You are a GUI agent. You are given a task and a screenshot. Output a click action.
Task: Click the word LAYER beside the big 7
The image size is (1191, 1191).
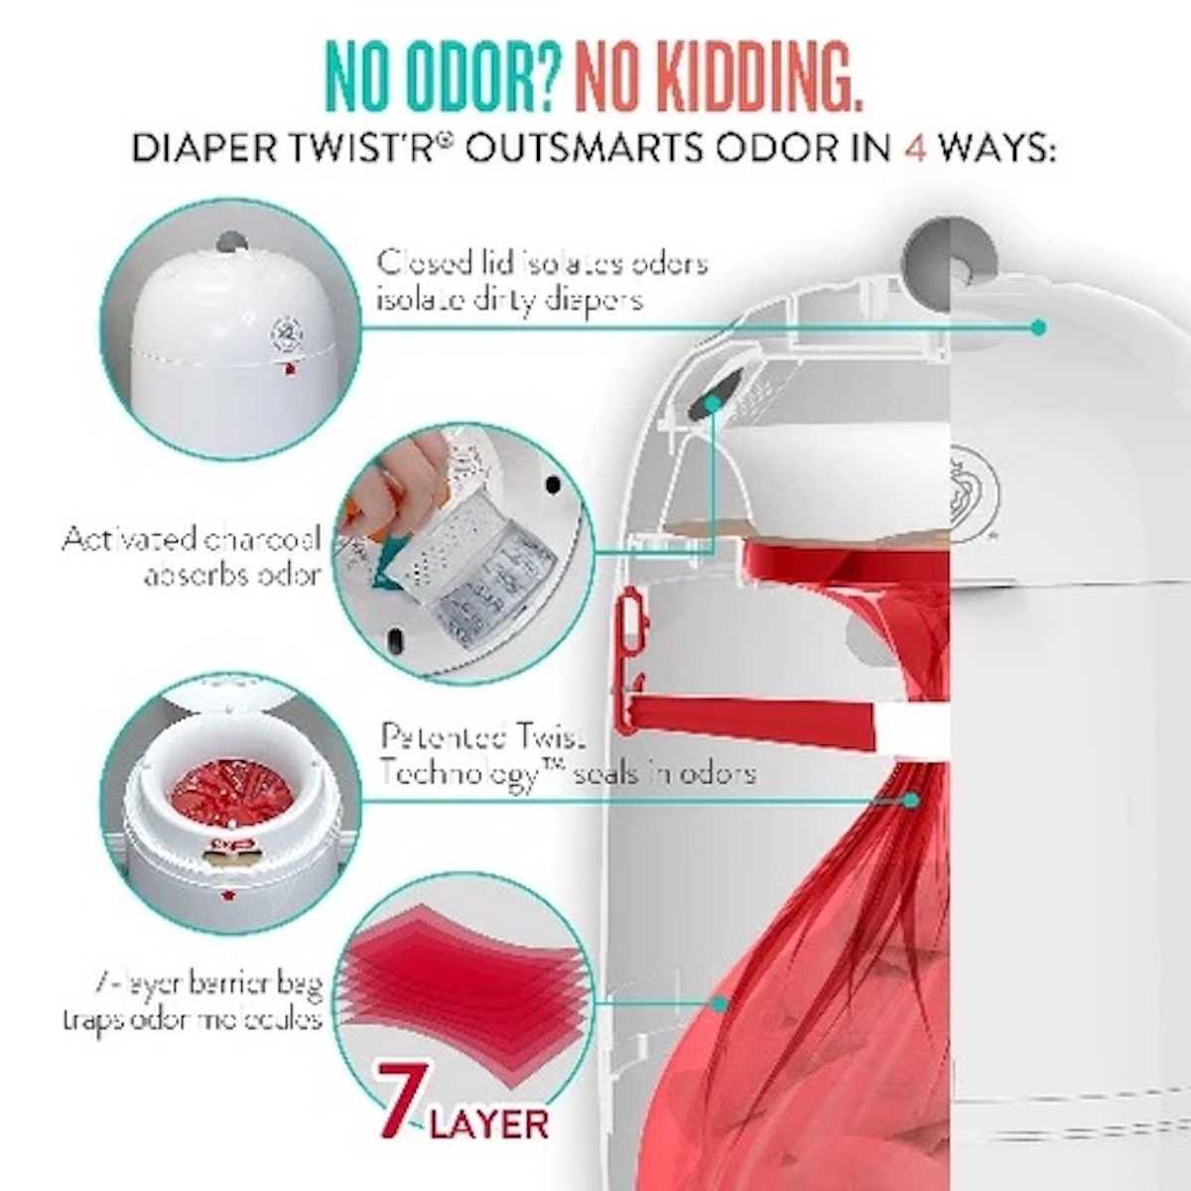(490, 1125)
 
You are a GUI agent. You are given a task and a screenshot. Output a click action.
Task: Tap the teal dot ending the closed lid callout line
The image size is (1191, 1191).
(1038, 327)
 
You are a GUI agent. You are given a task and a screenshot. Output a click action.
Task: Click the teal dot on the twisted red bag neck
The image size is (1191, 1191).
(911, 799)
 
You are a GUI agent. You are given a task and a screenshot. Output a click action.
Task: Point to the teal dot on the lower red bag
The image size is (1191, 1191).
(720, 1004)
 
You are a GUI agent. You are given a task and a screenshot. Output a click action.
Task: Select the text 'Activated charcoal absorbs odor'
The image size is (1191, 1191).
(192, 556)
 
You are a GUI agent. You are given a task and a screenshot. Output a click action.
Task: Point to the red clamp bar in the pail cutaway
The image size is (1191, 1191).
(754, 713)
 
